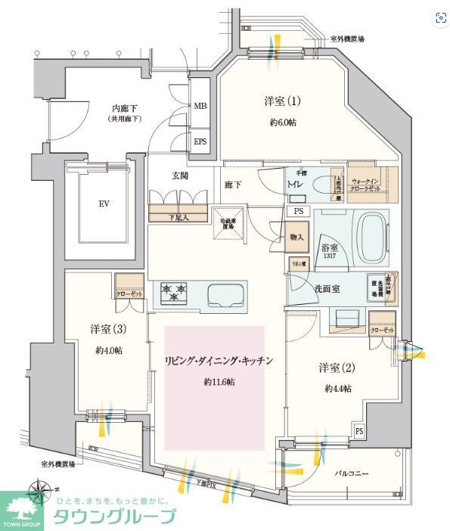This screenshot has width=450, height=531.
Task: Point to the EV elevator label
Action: click(x=104, y=203)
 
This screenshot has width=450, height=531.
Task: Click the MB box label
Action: click(x=200, y=107)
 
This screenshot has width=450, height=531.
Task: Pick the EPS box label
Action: click(x=200, y=141)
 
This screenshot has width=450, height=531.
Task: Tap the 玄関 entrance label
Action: click(x=178, y=176)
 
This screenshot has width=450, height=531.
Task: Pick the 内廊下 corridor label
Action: click(x=124, y=110)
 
